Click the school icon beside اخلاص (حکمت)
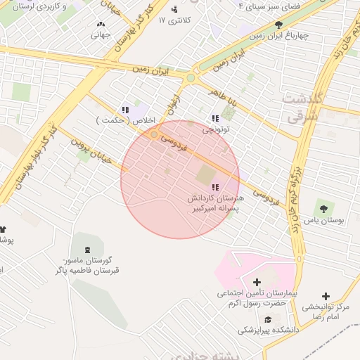click(x=125, y=110)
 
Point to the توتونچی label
click(x=216, y=130)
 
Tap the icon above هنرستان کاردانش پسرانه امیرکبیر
click(x=214, y=187)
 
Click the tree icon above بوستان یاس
click(x=323, y=208)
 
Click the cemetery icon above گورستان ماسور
click(x=87, y=250)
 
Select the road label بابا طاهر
click(x=225, y=99)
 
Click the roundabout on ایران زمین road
click(x=190, y=78)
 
